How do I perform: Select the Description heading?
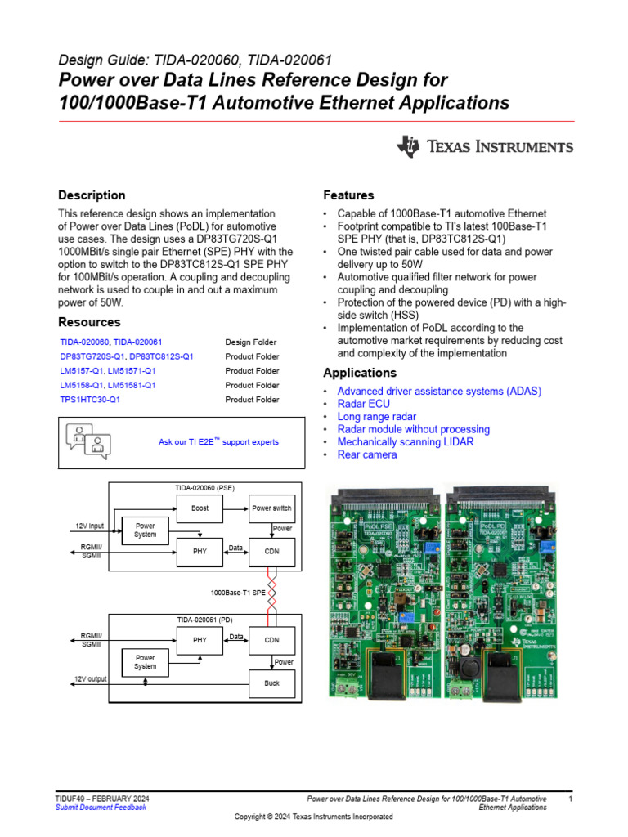pos(92,195)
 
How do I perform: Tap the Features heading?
pos(348,195)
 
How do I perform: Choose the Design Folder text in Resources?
pos(250,342)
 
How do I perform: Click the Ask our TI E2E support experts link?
pos(218,442)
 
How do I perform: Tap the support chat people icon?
pos(87,441)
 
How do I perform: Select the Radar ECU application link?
pos(363,404)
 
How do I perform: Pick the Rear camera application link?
pos(367,454)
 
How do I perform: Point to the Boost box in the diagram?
pos(200,508)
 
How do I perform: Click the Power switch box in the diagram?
pos(271,508)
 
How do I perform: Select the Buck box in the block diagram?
pos(271,683)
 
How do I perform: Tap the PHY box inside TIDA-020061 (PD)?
pos(200,640)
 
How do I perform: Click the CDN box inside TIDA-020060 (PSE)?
pos(271,552)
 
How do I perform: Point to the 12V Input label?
pos(89,526)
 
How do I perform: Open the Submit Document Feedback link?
pos(101,808)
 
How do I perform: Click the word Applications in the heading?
pos(360,373)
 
